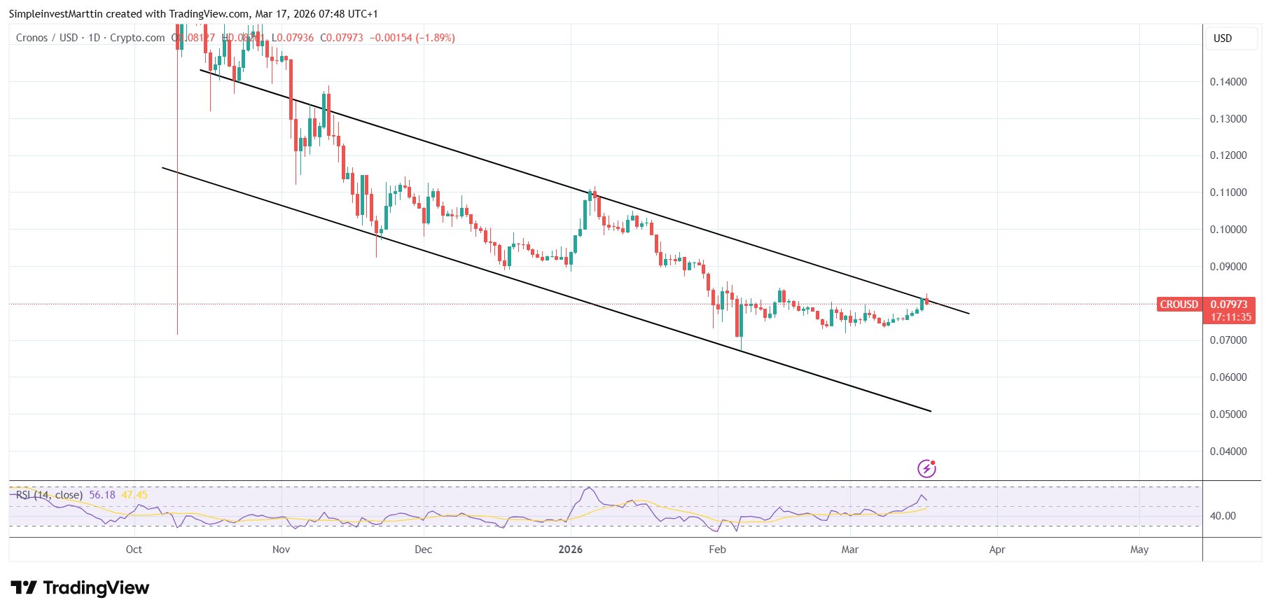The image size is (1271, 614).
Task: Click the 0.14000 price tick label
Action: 1228,82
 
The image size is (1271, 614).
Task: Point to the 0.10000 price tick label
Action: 1228,230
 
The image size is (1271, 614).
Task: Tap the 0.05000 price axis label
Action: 1228,414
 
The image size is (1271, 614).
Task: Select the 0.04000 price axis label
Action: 1228,452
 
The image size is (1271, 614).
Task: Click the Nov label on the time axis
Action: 281,550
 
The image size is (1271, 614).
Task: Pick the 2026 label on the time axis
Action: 570,550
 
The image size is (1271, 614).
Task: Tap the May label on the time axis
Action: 1139,550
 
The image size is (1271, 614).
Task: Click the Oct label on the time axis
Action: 134,550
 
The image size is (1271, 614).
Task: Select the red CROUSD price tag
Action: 1179,305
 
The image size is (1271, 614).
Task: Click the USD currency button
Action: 1223,39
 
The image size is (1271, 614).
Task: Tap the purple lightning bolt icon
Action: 926,468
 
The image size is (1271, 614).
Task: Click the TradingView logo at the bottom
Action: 80,588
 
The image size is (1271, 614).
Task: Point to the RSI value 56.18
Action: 102,495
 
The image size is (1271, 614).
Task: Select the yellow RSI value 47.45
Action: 134,495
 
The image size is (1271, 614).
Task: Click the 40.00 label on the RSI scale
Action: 1223,516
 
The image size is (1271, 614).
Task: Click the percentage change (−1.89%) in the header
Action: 435,38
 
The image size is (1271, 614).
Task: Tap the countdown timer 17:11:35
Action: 1231,317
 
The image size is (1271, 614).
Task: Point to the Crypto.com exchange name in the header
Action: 137,38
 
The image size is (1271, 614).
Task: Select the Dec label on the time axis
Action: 423,550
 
